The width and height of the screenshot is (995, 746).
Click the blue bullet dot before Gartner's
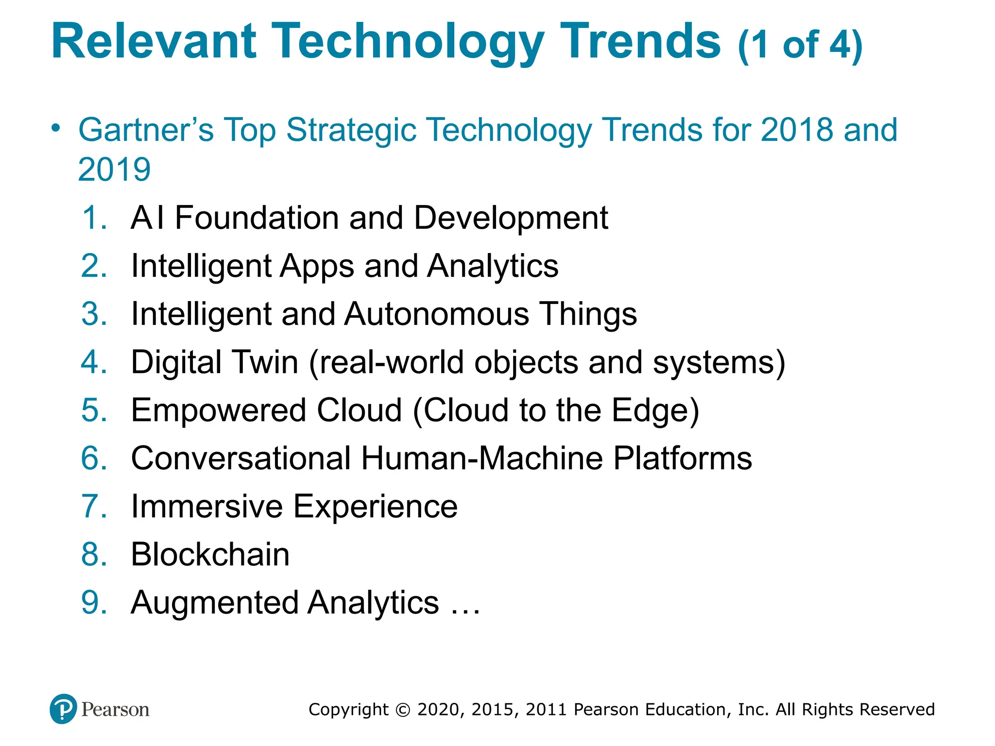[x=56, y=128]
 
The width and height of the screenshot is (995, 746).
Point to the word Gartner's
[x=146, y=130]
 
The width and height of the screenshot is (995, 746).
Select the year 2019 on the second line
[x=114, y=170]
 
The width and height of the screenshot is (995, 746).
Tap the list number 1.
[x=94, y=218]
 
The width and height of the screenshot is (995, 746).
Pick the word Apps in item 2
[x=316, y=267]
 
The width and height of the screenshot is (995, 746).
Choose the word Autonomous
[x=436, y=314]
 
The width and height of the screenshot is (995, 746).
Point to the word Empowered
[x=218, y=410]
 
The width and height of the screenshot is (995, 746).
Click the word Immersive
[x=206, y=507]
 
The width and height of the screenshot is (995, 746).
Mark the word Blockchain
[x=210, y=555]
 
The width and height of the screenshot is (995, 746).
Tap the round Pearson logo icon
[x=63, y=709]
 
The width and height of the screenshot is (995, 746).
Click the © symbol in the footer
[x=403, y=710]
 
